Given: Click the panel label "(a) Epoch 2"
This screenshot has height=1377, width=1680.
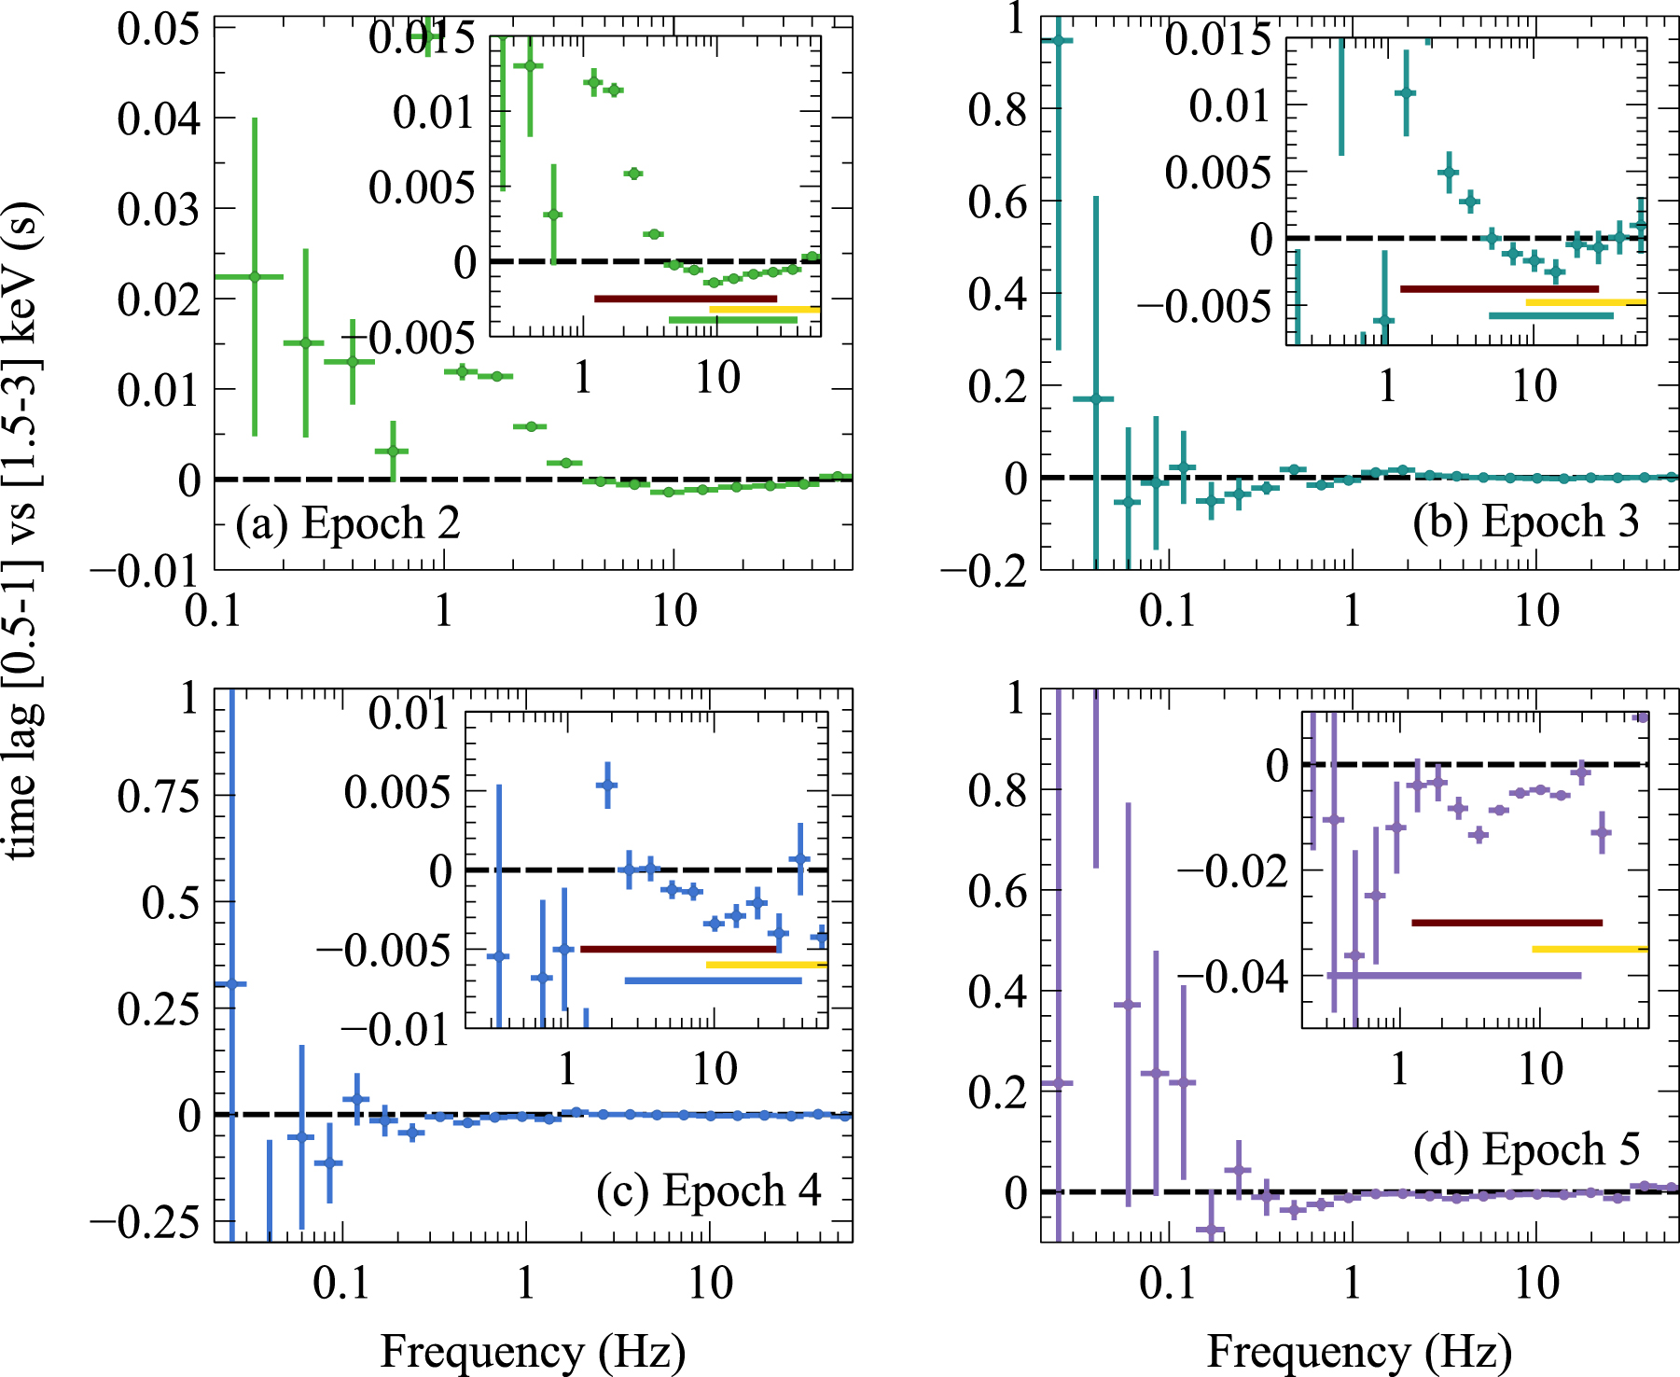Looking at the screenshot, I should point(348,523).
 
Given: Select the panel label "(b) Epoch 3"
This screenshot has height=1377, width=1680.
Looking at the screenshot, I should point(1525,522).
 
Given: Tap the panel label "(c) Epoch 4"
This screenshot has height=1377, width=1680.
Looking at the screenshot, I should point(709,1190).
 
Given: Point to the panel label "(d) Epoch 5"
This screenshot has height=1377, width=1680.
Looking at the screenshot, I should point(1526,1148).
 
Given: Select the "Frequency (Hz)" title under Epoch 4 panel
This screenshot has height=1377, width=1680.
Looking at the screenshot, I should point(533,1352).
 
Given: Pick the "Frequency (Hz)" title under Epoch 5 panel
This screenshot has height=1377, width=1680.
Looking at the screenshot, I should point(1359,1352).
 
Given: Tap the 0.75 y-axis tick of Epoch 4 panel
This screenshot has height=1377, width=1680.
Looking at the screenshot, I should point(159,796).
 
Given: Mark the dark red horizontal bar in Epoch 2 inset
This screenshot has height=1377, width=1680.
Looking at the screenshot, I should point(686,299).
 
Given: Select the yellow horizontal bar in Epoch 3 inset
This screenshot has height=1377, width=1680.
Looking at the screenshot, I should point(1586,302).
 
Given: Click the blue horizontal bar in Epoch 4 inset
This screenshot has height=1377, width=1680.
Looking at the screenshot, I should point(713,981).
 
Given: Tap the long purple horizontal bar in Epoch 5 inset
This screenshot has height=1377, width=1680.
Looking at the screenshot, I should point(1455,976).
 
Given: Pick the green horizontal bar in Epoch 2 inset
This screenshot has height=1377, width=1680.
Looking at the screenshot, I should point(733,320).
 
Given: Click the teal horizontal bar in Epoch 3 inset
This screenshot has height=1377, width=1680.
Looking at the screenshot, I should point(1550,315).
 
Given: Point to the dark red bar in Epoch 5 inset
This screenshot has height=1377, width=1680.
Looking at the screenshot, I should point(1506,923).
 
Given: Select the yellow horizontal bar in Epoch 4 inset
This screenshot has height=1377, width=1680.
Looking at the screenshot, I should point(766,964).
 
